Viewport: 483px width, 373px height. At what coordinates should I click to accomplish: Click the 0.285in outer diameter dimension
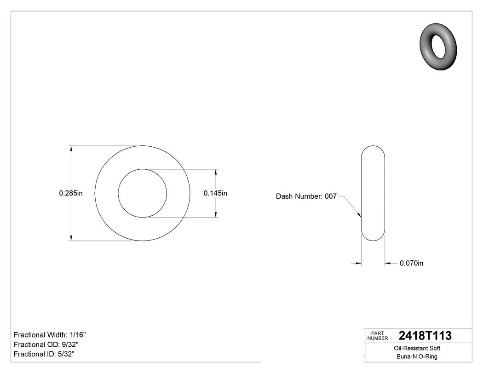pyautogui.click(x=70, y=193)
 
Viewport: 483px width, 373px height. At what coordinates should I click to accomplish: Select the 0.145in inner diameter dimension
pyautogui.click(x=215, y=193)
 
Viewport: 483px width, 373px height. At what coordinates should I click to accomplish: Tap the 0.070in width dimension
pyautogui.click(x=411, y=263)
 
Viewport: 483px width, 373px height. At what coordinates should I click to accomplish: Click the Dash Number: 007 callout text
pyautogui.click(x=306, y=196)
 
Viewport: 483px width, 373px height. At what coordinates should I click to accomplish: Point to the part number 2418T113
pyautogui.click(x=425, y=336)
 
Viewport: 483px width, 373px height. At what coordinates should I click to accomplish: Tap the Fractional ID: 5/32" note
pyautogui.click(x=44, y=354)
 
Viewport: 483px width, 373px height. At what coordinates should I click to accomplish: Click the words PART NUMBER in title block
pyautogui.click(x=378, y=336)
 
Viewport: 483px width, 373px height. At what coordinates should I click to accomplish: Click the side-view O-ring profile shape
pyautogui.click(x=373, y=193)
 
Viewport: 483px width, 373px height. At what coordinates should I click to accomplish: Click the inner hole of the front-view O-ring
pyautogui.click(x=143, y=193)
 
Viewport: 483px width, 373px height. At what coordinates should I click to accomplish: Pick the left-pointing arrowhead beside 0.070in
pyautogui.click(x=387, y=263)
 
